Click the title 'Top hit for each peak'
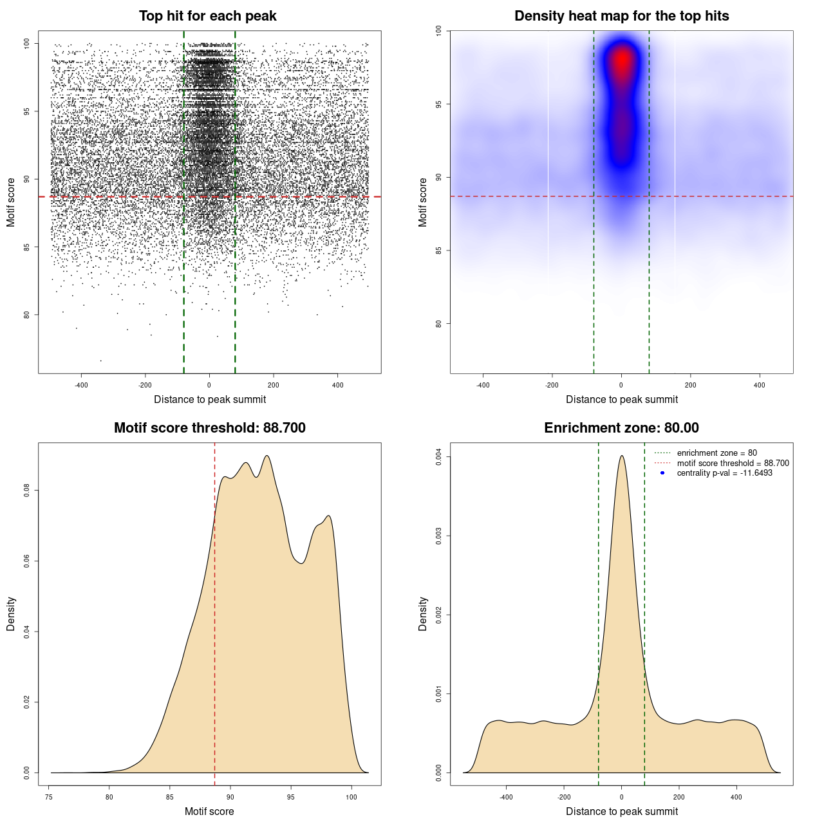coord(207,16)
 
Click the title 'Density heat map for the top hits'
coord(621,16)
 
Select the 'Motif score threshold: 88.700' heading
coord(209,428)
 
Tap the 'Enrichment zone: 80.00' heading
coord(621,428)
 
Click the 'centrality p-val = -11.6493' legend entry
coord(724,473)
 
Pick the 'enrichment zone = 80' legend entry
coord(716,453)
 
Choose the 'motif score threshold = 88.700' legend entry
coord(733,464)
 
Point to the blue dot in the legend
coord(662,473)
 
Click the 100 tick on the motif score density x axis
coord(351,797)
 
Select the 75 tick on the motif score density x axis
coord(49,797)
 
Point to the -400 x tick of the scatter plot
coord(81,385)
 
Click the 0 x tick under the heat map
coord(621,385)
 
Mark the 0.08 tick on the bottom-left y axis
coord(27,491)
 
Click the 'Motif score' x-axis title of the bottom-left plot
coord(209,811)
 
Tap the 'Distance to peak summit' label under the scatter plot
coord(210,399)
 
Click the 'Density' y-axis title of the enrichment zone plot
coord(423,613)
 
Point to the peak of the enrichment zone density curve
coord(621,456)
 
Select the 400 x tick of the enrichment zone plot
coord(736,797)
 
